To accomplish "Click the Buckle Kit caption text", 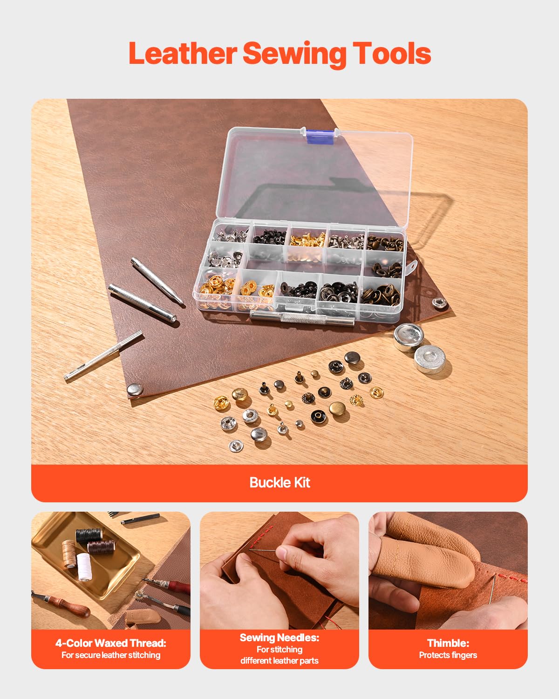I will pyautogui.click(x=279, y=482).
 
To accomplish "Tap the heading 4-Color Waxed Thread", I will pyautogui.click(x=111, y=643).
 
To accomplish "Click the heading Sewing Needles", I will pyautogui.click(x=279, y=637).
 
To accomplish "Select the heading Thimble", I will pyautogui.click(x=448, y=643).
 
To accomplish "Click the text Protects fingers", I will pyautogui.click(x=448, y=655).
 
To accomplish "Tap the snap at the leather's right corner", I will pyautogui.click(x=439, y=303).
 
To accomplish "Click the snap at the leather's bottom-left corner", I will pyautogui.click(x=135, y=390).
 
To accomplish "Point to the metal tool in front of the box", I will pyautogui.click(x=302, y=319).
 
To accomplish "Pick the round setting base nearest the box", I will pyautogui.click(x=409, y=336).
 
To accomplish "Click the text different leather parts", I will pyautogui.click(x=279, y=661).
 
